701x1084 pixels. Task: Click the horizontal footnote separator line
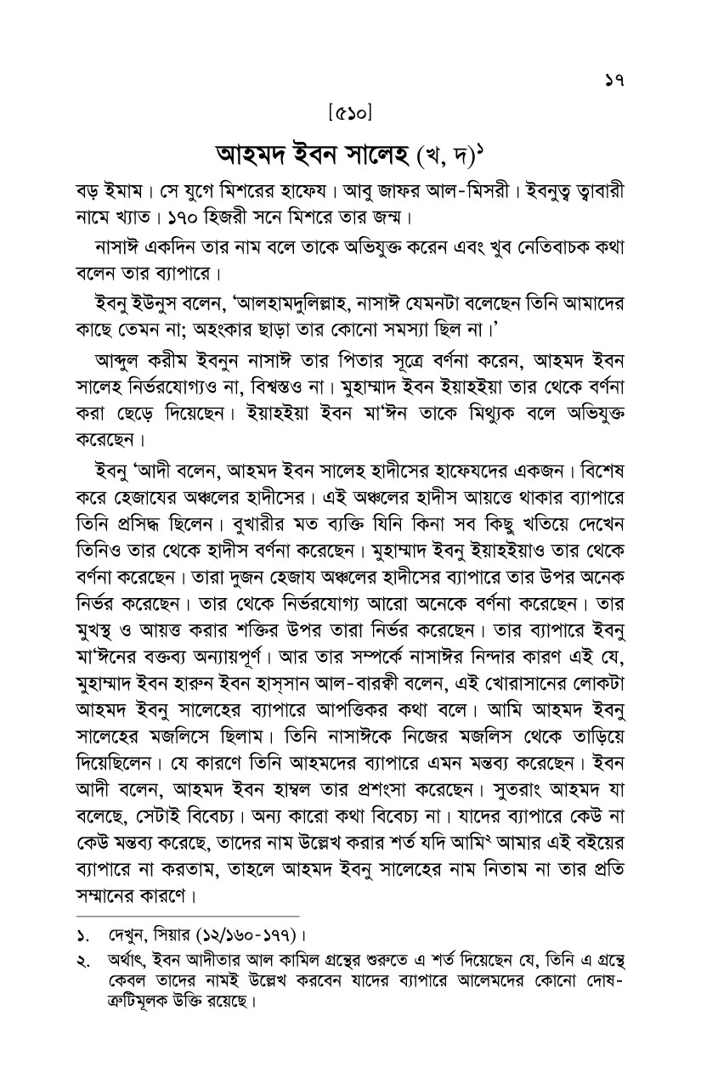[187, 916]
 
